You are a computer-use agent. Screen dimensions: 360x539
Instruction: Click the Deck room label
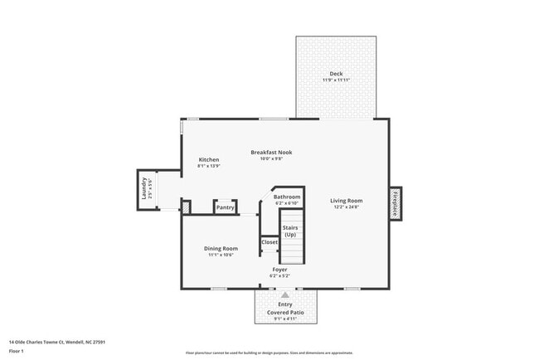click(x=335, y=73)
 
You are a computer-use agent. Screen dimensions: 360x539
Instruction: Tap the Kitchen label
click(x=208, y=159)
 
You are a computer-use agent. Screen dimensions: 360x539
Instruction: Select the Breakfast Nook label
click(x=272, y=152)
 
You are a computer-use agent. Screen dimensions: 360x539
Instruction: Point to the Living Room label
click(x=347, y=200)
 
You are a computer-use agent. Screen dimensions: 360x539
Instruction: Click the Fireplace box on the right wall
click(x=396, y=203)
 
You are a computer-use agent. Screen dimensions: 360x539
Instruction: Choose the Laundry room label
click(x=143, y=188)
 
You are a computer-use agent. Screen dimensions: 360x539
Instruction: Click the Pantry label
click(x=226, y=207)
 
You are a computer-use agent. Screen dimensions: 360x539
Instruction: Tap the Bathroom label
click(x=287, y=197)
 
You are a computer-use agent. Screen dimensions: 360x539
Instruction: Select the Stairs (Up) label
click(x=290, y=230)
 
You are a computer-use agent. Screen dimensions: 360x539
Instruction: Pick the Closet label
click(x=269, y=242)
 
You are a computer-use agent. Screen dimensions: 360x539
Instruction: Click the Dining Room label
click(x=221, y=248)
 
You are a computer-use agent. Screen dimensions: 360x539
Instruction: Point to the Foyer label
click(x=280, y=270)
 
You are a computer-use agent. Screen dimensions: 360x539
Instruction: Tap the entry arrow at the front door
click(x=285, y=294)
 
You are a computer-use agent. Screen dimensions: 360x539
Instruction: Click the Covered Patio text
click(x=285, y=312)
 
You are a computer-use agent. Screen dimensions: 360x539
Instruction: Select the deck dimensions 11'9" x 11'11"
click(x=335, y=80)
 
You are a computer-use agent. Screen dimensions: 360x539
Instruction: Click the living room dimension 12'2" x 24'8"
click(x=347, y=207)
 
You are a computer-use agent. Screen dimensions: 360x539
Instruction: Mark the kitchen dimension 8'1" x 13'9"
click(x=208, y=166)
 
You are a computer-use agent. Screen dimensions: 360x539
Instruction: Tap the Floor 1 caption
click(x=17, y=351)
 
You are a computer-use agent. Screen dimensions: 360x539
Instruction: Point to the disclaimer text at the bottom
click(x=269, y=353)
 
